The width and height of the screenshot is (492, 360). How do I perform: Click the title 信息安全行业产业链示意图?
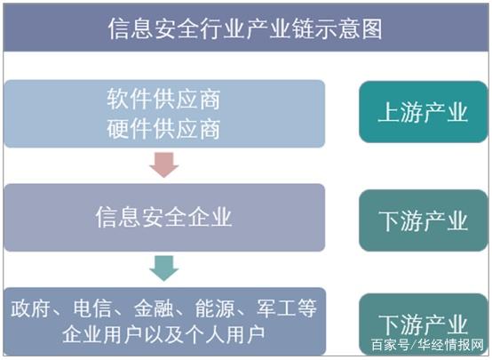pos(245,29)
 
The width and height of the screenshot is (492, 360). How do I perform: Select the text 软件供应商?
pos(163,100)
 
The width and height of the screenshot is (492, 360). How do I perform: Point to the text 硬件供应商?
pos(163,129)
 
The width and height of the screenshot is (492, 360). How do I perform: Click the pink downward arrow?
pos(164,164)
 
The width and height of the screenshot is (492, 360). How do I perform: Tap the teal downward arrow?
pos(164,268)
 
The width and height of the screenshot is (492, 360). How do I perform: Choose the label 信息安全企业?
pos(163,217)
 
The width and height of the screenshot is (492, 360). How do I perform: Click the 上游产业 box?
pos(424,112)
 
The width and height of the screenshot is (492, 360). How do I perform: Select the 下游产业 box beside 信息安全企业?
pos(424,220)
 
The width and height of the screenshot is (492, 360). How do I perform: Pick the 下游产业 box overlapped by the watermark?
pos(424,324)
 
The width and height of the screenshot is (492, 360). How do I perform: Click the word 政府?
pos(30,308)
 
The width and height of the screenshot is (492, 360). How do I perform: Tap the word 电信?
pos(92,308)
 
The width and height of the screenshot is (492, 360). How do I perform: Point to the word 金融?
pos(154,308)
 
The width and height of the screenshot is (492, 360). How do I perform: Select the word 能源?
pos(215,308)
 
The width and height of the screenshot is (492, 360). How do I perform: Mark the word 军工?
pos(276,308)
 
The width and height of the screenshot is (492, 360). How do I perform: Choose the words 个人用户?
pos(226,335)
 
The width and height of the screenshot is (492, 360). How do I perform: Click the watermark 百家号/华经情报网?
pos(427,345)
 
